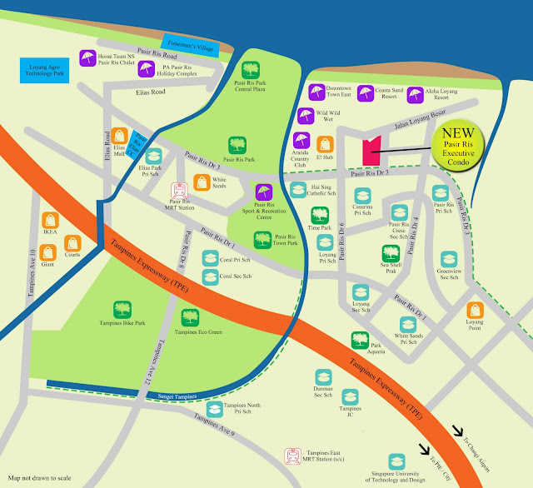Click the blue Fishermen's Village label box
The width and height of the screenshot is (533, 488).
[191, 47]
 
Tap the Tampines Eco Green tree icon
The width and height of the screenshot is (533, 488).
[189, 317]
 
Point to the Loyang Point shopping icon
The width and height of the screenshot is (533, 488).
[476, 311]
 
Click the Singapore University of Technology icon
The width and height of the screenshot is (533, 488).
[396, 461]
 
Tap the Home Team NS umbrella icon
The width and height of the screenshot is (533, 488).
[87, 57]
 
